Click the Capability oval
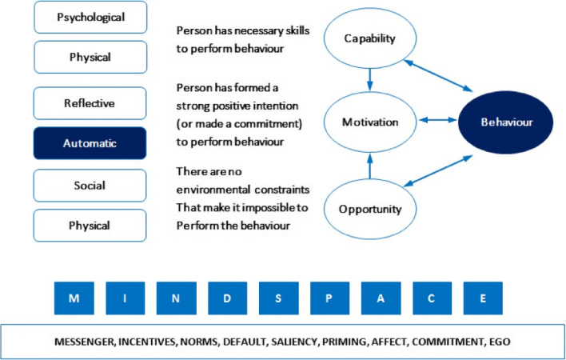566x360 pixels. click(369, 39)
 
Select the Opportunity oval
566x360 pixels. click(369, 208)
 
